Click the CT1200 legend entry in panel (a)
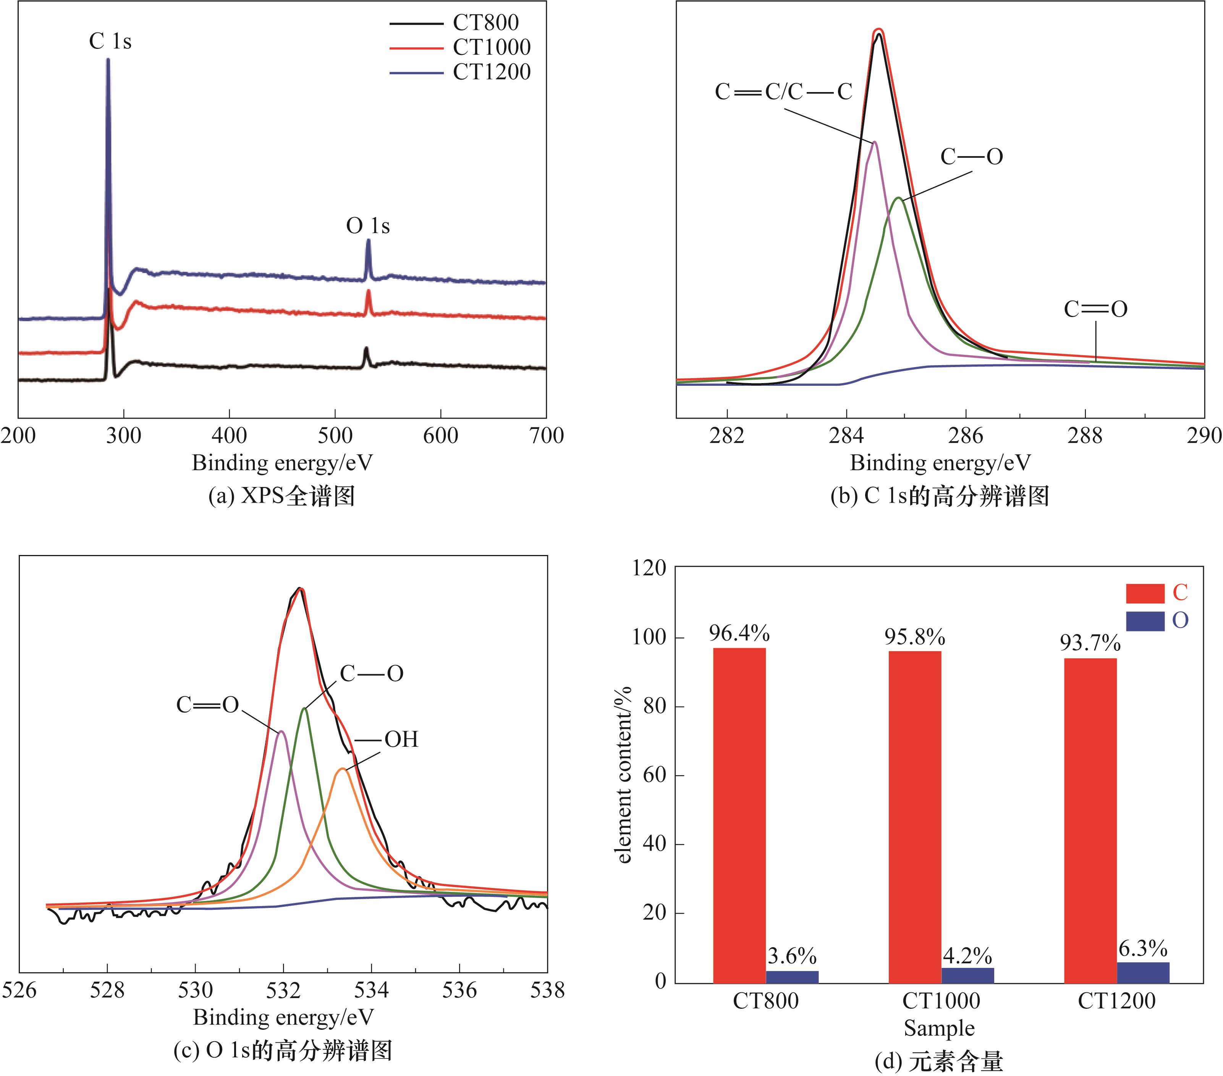[x=491, y=72]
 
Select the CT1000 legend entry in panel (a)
[x=491, y=47]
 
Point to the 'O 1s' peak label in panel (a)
[x=368, y=226]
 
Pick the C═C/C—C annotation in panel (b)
[x=783, y=92]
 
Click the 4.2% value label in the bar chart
[x=967, y=956]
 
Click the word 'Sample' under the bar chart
[x=939, y=1028]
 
